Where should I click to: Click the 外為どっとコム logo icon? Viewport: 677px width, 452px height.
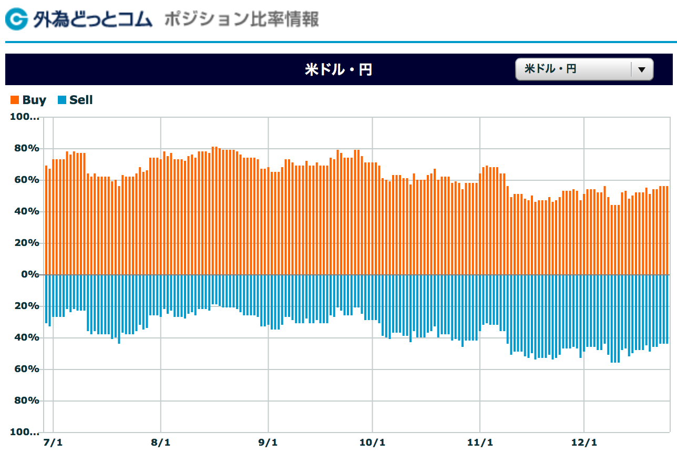pos(16,19)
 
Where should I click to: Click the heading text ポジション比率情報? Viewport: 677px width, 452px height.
pos(241,20)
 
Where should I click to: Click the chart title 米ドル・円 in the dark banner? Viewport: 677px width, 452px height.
pos(338,69)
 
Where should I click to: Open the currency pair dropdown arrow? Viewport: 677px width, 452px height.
pos(641,69)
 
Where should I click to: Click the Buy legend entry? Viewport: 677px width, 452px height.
pos(29,100)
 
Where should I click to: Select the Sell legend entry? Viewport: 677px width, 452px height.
pos(76,100)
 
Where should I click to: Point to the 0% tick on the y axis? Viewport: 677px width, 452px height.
pos(29,274)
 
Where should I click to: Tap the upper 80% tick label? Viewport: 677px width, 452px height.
pos(26,148)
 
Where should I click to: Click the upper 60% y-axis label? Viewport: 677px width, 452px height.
pos(26,180)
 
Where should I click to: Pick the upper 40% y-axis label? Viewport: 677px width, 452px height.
pos(26,211)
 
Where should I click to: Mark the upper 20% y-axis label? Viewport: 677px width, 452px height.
pos(26,243)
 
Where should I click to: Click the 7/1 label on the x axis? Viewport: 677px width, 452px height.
pos(53,442)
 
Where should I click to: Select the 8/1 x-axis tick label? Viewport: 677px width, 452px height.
pos(160,442)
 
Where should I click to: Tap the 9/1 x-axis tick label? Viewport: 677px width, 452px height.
pos(268,442)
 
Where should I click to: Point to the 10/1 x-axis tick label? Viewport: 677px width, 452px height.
pos(372,442)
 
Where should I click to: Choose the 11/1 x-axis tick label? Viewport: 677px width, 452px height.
pos(479,442)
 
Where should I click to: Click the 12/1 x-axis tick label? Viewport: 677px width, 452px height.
pos(584,442)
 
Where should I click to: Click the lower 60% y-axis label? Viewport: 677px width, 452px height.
pos(26,369)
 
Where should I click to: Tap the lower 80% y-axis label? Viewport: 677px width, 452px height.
pos(26,400)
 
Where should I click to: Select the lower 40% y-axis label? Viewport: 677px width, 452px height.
pos(26,337)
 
